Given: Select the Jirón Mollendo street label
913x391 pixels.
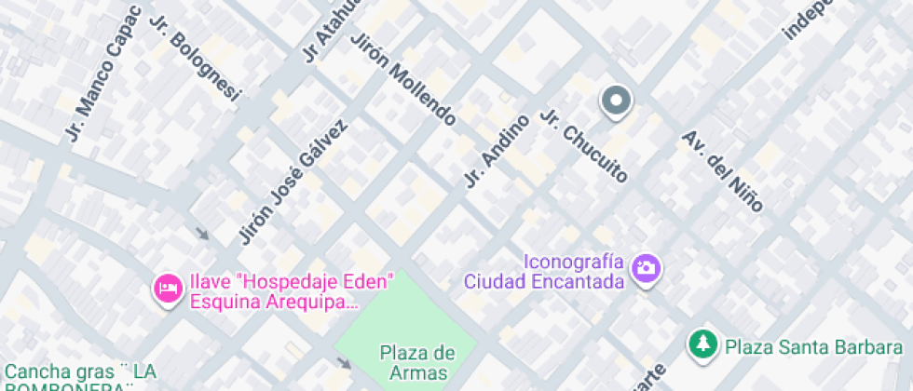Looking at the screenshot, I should click(402, 80).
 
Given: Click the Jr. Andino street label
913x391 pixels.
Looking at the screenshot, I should click(496, 150).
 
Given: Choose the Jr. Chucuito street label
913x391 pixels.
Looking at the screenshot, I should click(584, 146).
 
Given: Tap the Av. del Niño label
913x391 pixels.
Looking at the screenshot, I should click(722, 169).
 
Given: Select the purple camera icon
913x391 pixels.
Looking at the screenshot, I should click(645, 269).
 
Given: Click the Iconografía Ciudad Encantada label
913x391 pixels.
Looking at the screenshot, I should click(544, 271).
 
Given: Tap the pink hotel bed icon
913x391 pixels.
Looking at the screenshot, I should click(168, 289).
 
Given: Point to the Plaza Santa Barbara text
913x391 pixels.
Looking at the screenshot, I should click(813, 347).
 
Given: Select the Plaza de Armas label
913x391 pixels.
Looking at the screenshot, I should click(416, 363).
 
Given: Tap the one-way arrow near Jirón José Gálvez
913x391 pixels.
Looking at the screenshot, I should click(201, 233).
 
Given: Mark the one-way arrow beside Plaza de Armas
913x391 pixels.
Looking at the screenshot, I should click(345, 361).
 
